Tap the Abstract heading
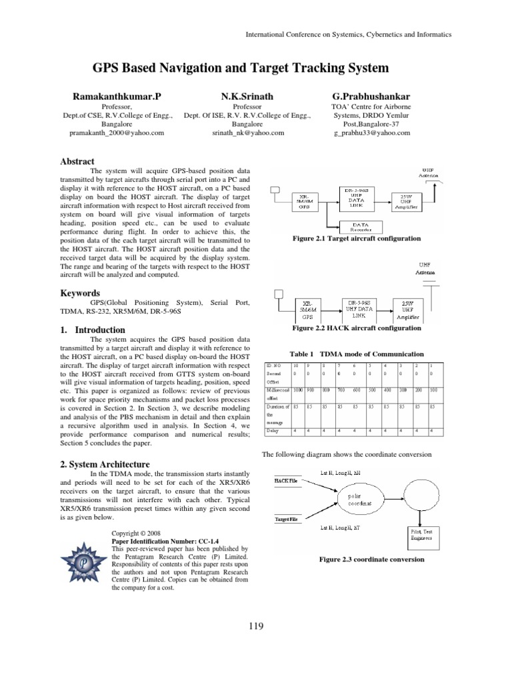point(77,162)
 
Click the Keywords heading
point(80,293)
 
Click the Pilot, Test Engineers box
point(421,535)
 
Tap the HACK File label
point(285,480)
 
